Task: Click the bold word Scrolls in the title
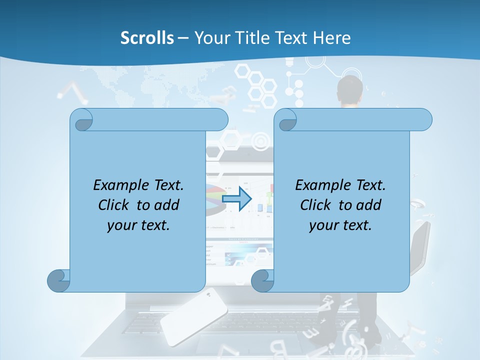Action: [x=147, y=38]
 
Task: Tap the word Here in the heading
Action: [x=331, y=38]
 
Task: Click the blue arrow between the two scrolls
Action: [x=236, y=199]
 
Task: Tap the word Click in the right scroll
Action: [x=315, y=205]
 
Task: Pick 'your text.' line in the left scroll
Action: [x=138, y=225]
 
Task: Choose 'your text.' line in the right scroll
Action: [x=340, y=225]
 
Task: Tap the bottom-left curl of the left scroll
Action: [x=58, y=280]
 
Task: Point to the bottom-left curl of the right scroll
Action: [x=262, y=280]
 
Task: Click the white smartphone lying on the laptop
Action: [x=193, y=316]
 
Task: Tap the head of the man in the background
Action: [x=350, y=90]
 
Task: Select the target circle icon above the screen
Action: [x=260, y=142]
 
